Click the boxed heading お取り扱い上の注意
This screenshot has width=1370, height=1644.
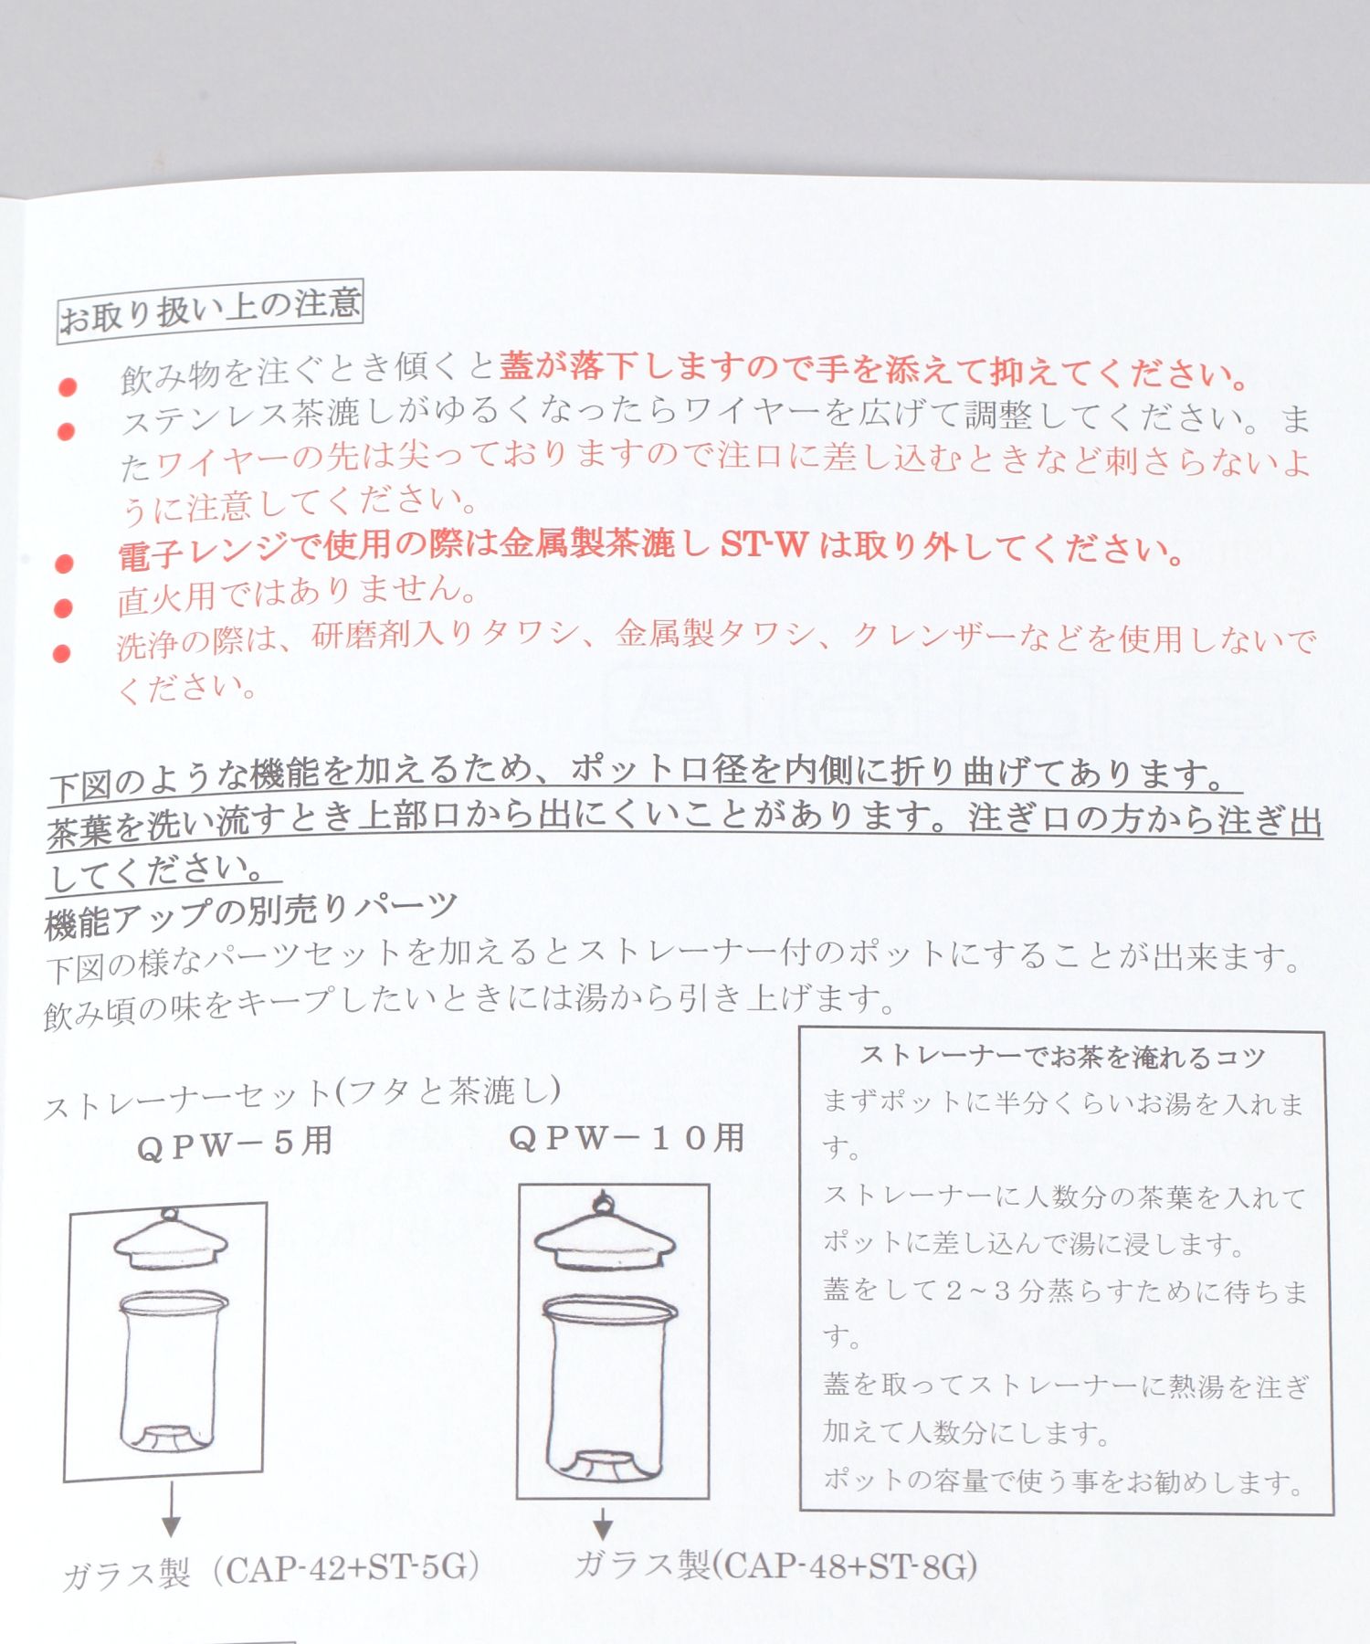click(x=210, y=311)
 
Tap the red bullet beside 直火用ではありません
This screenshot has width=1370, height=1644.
click(x=63, y=607)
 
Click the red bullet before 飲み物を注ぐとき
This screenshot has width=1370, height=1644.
click(x=67, y=387)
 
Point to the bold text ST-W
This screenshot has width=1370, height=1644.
click(x=764, y=545)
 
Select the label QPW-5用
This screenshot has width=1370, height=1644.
click(x=235, y=1143)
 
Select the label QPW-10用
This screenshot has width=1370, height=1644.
click(x=627, y=1138)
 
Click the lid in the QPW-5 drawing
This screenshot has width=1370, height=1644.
click(x=171, y=1239)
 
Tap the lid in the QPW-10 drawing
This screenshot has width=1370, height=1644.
click(x=605, y=1231)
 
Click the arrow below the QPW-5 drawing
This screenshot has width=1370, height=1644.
click(x=171, y=1510)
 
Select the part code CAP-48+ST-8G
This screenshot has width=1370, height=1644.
click(x=844, y=1567)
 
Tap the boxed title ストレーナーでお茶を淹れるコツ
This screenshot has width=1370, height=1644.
click(x=1062, y=1057)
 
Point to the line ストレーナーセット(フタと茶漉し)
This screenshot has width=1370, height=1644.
click(x=302, y=1097)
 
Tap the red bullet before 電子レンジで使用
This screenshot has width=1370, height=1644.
click(x=64, y=563)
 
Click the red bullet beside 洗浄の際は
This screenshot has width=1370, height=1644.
click(x=62, y=653)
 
